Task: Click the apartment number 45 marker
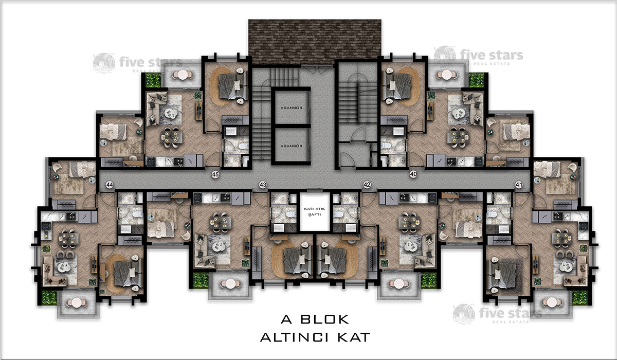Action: [x=215, y=174]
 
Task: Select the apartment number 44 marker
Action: [x=110, y=185]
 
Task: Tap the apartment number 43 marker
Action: [x=263, y=185]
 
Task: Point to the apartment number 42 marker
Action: [x=367, y=185]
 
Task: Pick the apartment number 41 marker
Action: [x=519, y=185]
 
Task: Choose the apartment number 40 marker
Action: [x=413, y=174]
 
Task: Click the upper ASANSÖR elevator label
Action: [x=292, y=107]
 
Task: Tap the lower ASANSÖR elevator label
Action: [x=292, y=146]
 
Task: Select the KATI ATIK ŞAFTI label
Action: [x=315, y=211]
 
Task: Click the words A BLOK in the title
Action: [x=315, y=319]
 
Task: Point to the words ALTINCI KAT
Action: [x=315, y=337]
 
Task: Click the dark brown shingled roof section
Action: [x=315, y=42]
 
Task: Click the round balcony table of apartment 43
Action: [x=230, y=284]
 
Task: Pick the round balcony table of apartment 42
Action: [x=399, y=284]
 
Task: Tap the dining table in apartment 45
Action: [x=172, y=137]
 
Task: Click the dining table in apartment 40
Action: [x=458, y=136]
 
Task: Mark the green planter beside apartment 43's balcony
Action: [x=201, y=280]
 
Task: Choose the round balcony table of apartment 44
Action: [x=77, y=303]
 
